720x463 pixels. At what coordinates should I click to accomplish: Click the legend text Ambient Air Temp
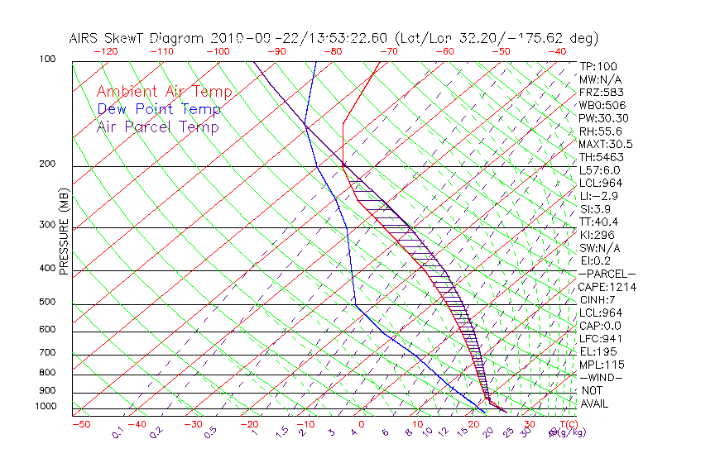[x=164, y=92]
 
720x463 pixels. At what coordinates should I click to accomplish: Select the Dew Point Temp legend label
[x=159, y=109]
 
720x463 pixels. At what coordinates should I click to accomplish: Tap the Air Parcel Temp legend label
[x=157, y=126]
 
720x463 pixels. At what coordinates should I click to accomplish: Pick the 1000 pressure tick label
[x=46, y=407]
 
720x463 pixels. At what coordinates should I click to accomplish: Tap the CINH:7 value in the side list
[x=597, y=300]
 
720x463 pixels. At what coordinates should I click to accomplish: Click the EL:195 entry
[x=597, y=352]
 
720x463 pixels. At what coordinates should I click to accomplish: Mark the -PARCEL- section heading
[x=607, y=274]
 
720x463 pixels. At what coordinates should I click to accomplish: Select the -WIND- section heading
[x=601, y=378]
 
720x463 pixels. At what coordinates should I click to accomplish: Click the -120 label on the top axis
[x=105, y=51]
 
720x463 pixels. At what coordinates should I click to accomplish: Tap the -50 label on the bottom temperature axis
[x=80, y=424]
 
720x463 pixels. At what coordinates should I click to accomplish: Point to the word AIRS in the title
[x=86, y=38]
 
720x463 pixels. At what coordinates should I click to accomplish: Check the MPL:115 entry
[x=599, y=365]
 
